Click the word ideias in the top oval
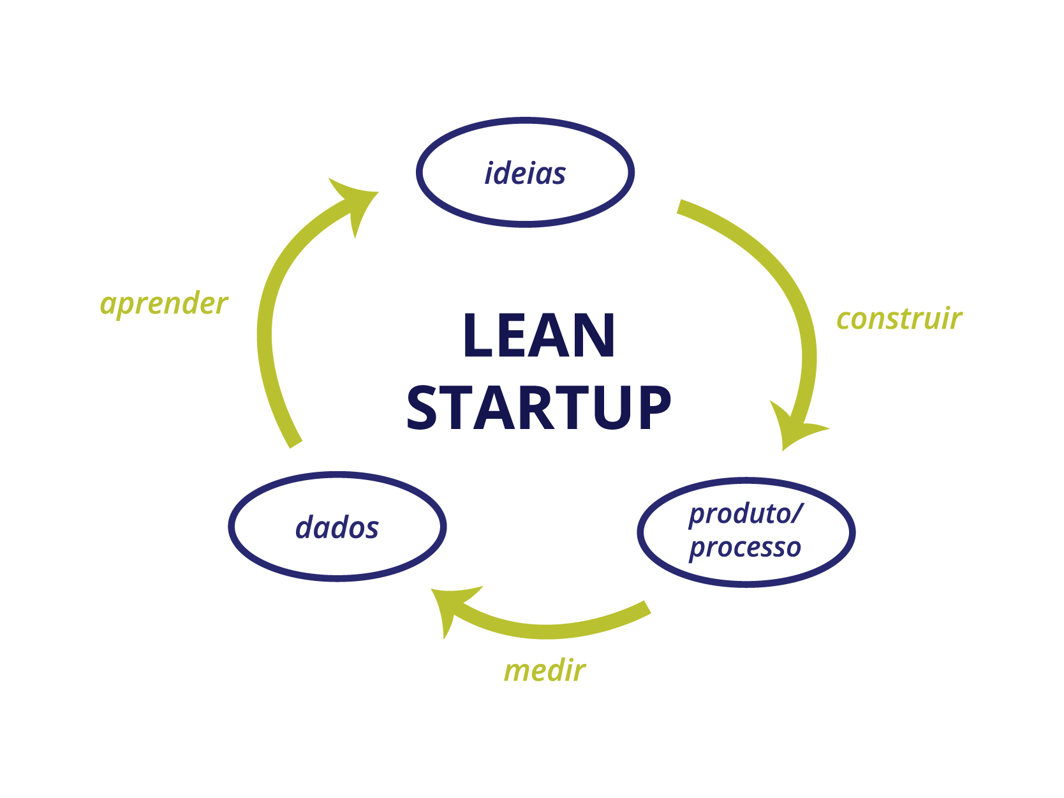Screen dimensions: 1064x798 coord(525,174)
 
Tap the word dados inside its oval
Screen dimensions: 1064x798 coord(337,528)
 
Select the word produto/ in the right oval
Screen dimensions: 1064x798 coord(745,514)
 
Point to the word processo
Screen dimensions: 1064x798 coord(745,548)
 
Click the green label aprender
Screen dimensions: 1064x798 coord(164,304)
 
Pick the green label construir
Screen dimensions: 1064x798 coord(899,319)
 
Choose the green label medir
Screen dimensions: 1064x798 coord(544,671)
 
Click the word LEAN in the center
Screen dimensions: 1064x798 coord(539,336)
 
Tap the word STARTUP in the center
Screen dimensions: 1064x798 coord(539,407)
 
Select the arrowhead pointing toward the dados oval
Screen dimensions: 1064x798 coord(450,606)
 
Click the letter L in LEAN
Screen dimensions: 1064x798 coord(476,336)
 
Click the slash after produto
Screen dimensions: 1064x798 coord(796,514)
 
